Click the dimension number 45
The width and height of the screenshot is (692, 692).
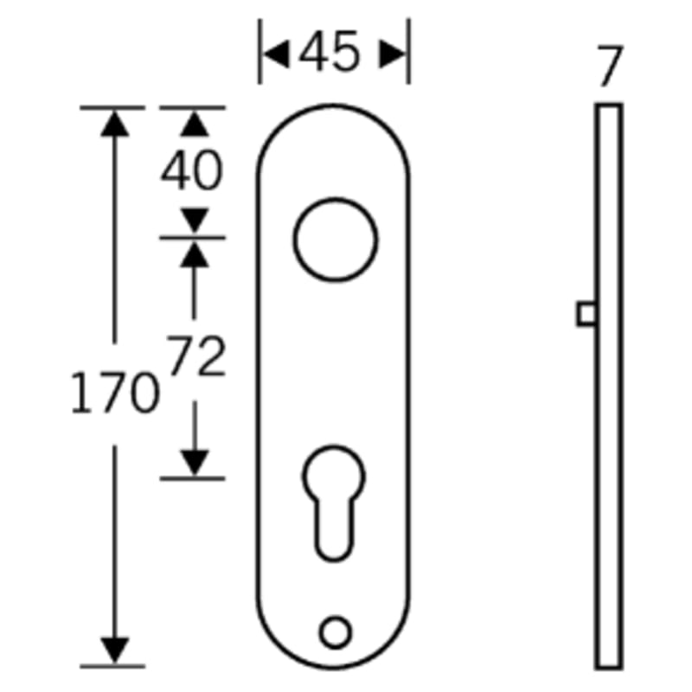(x=330, y=51)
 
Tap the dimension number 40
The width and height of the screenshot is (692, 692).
(x=192, y=170)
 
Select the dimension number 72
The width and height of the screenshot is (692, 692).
(x=195, y=356)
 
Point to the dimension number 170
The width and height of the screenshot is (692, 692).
(x=115, y=393)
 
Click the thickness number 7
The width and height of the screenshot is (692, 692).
(x=610, y=66)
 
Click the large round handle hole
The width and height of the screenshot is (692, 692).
(x=294, y=240)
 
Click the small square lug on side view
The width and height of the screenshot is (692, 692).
(x=578, y=314)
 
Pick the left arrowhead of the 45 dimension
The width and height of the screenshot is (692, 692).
(x=276, y=54)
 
